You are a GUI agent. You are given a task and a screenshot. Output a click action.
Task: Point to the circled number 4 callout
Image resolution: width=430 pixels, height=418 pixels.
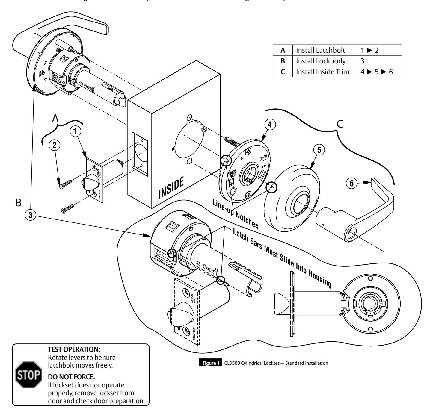[270, 125]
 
